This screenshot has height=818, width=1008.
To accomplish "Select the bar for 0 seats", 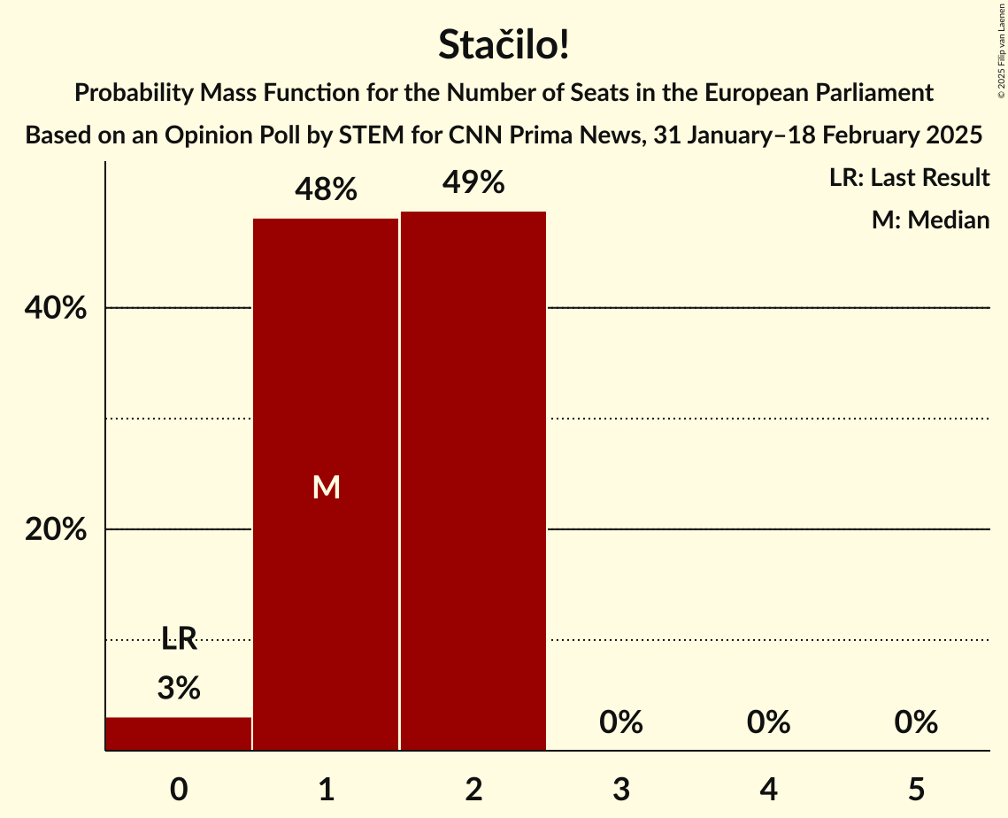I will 179,734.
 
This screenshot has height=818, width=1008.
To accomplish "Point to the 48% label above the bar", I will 326,189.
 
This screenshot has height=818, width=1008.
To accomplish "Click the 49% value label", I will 473,182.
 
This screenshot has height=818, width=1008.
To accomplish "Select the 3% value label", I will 179,688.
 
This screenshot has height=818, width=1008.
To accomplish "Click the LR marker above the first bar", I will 179,638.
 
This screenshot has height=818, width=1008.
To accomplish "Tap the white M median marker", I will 326,487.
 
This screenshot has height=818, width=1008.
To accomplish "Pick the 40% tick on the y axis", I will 55,309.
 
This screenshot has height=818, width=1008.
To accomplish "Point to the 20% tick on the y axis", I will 55,530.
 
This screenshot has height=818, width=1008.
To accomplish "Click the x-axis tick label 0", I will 179,789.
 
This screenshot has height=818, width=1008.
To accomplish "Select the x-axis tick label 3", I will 620,789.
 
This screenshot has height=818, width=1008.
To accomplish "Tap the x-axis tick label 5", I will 915,789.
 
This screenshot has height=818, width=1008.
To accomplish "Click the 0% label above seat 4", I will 768,722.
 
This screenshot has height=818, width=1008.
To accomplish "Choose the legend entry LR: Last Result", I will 909,178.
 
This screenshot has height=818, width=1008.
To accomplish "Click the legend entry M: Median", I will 930,220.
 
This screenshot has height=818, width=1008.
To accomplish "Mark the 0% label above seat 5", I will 915,722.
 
